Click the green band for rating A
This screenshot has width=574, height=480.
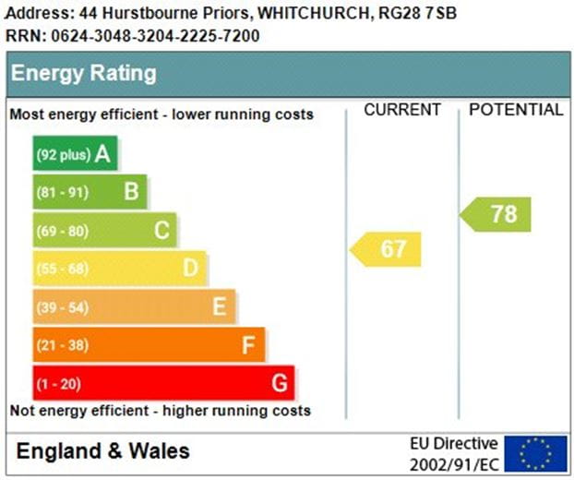pyautogui.click(x=76, y=154)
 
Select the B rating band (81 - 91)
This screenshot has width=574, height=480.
pyautogui.click(x=90, y=192)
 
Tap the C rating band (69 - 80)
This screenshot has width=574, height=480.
pyautogui.click(x=105, y=231)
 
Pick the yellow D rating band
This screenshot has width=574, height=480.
pyautogui.click(x=120, y=269)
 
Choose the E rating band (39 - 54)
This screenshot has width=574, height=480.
pyautogui.click(x=135, y=307)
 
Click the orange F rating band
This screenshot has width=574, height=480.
pyautogui.click(x=149, y=345)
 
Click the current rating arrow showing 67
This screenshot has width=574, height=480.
pyautogui.click(x=386, y=249)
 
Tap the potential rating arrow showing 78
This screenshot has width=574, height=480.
pyautogui.click(x=496, y=214)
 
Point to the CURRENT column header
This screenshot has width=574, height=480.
pyautogui.click(x=402, y=110)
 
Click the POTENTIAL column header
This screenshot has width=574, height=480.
pyautogui.click(x=516, y=110)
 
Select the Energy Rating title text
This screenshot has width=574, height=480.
pyautogui.click(x=84, y=74)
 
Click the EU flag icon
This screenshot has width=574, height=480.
pyautogui.click(x=535, y=452)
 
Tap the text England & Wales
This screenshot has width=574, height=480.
pyautogui.click(x=103, y=451)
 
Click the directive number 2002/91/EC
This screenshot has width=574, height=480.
pyautogui.click(x=454, y=462)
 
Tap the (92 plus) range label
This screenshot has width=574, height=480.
pyautogui.click(x=63, y=155)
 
